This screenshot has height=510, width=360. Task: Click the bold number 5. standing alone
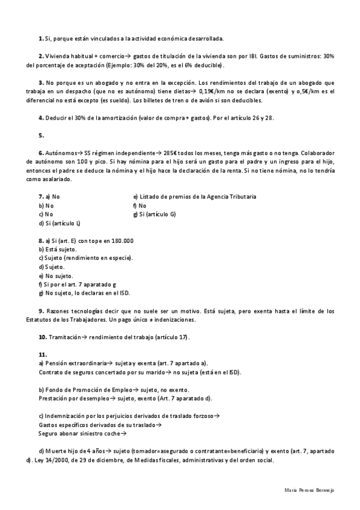pyautogui.click(x=41, y=135)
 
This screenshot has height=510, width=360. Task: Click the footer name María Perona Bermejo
pyautogui.click(x=308, y=491)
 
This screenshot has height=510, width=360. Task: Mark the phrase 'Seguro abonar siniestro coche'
pyautogui.click(x=78, y=433)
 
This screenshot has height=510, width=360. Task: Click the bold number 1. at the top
pyautogui.click(x=40, y=38)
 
